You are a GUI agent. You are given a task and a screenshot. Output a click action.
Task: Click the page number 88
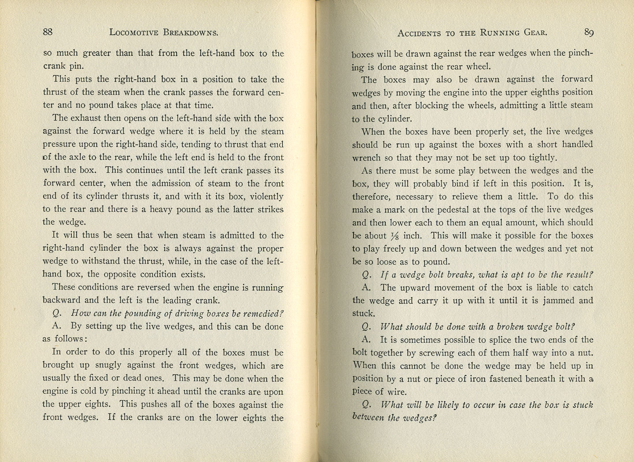pos(48,32)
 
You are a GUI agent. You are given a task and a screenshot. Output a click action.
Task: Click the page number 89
pos(589,32)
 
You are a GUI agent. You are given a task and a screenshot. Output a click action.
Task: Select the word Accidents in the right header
pos(419,33)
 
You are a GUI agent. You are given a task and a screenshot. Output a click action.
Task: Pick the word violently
pos(264,196)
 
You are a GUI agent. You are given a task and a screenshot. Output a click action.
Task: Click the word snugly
pos(96,365)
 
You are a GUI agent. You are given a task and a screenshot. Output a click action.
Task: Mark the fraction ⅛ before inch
pos(394,236)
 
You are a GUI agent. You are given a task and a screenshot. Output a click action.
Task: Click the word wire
pos(396,392)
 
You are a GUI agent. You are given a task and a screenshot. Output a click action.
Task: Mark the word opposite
pos(120,274)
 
